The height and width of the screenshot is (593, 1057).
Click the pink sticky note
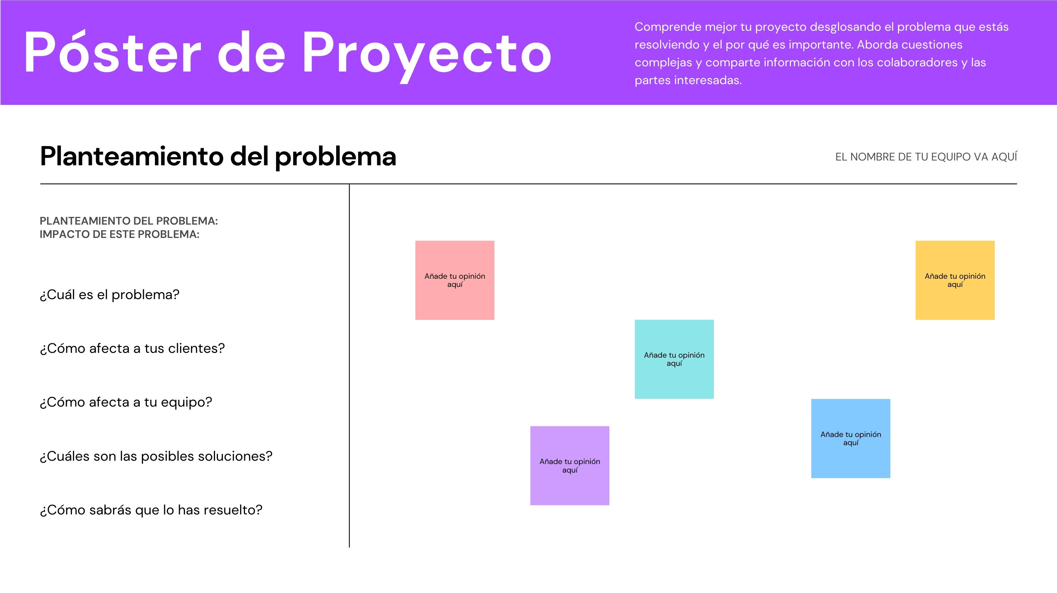click(x=455, y=280)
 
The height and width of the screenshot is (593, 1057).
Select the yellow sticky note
click(x=955, y=280)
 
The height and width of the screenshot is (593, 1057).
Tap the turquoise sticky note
click(x=674, y=359)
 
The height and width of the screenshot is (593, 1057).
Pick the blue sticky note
click(x=851, y=438)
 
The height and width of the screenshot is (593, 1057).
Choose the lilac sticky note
click(x=570, y=466)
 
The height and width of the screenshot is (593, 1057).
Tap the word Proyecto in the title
click(x=427, y=56)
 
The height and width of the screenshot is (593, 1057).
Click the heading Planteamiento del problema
click(x=218, y=156)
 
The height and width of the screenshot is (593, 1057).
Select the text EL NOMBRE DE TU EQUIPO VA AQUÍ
click(x=926, y=156)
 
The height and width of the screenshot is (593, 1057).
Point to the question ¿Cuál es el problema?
click(x=110, y=295)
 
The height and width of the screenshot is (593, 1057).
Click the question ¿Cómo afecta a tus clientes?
click(x=132, y=348)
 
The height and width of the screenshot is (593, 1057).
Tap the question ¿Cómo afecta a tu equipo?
click(x=126, y=402)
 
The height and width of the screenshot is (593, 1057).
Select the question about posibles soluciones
click(x=156, y=456)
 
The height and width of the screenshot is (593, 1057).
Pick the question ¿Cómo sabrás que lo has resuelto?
click(x=151, y=510)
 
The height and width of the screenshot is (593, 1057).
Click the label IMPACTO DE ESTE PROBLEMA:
click(x=119, y=234)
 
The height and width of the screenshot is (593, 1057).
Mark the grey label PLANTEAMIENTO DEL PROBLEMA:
click(x=129, y=221)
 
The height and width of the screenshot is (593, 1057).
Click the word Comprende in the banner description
click(x=668, y=27)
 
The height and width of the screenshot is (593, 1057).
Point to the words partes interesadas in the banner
click(x=688, y=80)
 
